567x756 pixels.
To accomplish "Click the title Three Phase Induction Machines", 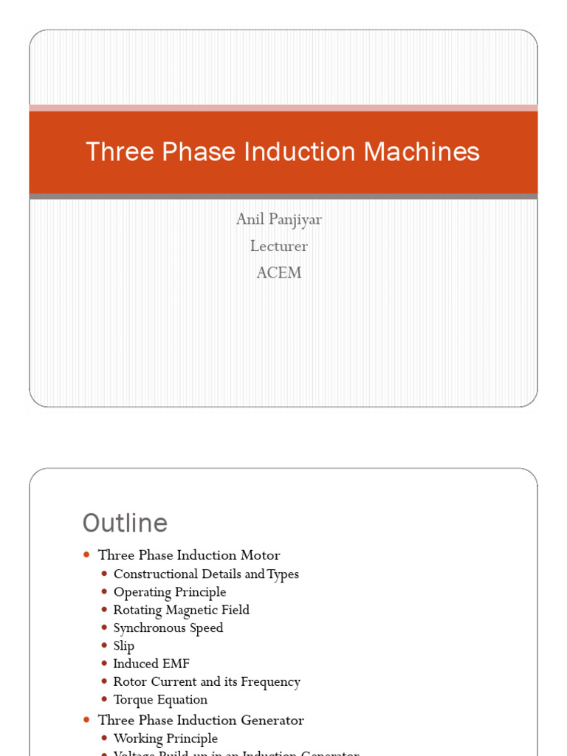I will click(x=283, y=152).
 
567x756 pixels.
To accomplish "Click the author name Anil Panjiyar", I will click(x=279, y=219).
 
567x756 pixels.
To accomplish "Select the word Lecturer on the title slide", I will click(x=279, y=246).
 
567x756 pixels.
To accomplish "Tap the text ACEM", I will click(x=279, y=272).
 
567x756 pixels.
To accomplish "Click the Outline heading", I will click(x=125, y=523).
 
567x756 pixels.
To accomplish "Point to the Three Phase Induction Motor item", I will click(x=189, y=555).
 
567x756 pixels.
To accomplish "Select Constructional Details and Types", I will click(x=206, y=574).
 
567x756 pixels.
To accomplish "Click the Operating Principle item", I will click(x=170, y=592).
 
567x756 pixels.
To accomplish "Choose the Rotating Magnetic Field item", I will click(x=182, y=610).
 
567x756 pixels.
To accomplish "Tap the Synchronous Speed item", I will click(x=168, y=628).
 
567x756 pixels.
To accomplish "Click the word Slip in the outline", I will click(x=124, y=646).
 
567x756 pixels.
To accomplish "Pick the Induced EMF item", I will click(x=151, y=664).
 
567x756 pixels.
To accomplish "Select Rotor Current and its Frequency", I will click(x=207, y=681).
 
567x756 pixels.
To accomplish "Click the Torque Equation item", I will click(x=160, y=700).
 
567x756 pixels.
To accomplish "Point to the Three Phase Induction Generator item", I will click(x=201, y=720).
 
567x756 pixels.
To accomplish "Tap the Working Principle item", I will click(x=165, y=738).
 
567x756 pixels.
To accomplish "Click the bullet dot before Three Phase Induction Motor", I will click(x=86, y=554).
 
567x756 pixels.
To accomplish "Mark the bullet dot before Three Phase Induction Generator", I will click(x=86, y=720).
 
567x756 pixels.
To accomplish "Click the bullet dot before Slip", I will click(x=104, y=646).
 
